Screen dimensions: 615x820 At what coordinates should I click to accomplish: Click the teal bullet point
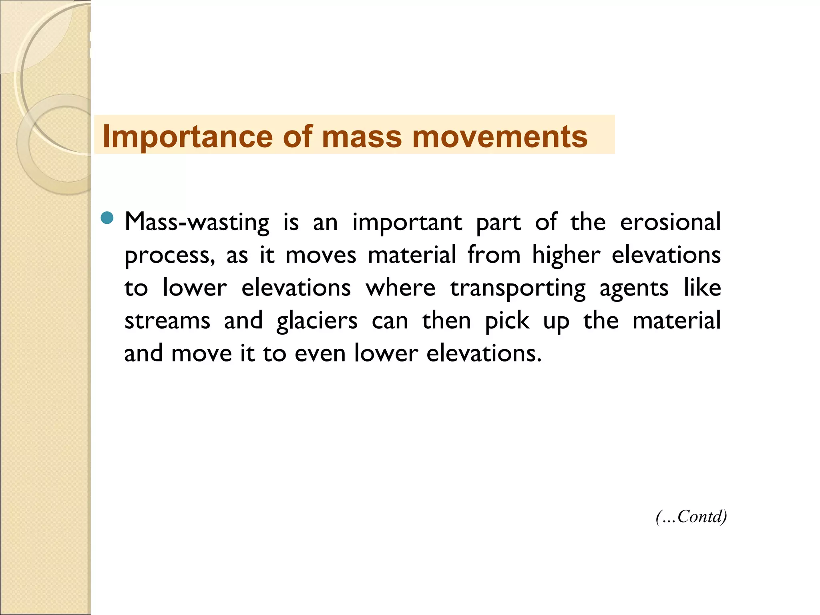(x=107, y=218)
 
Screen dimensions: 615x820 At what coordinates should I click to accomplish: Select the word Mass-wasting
(x=197, y=223)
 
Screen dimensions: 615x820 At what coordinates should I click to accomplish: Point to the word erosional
(x=670, y=222)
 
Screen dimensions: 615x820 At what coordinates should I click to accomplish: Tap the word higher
(x=566, y=255)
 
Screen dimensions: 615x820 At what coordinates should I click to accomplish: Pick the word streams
(x=167, y=321)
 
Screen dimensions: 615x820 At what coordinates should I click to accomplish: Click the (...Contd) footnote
(x=691, y=517)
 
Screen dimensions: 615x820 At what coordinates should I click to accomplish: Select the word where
(x=400, y=288)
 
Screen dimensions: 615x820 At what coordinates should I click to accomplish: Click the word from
(x=494, y=255)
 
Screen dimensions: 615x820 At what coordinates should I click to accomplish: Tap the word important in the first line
(x=407, y=223)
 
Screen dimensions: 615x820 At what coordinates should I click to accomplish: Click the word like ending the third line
(x=702, y=288)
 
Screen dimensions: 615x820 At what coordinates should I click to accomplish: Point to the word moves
(x=321, y=255)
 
